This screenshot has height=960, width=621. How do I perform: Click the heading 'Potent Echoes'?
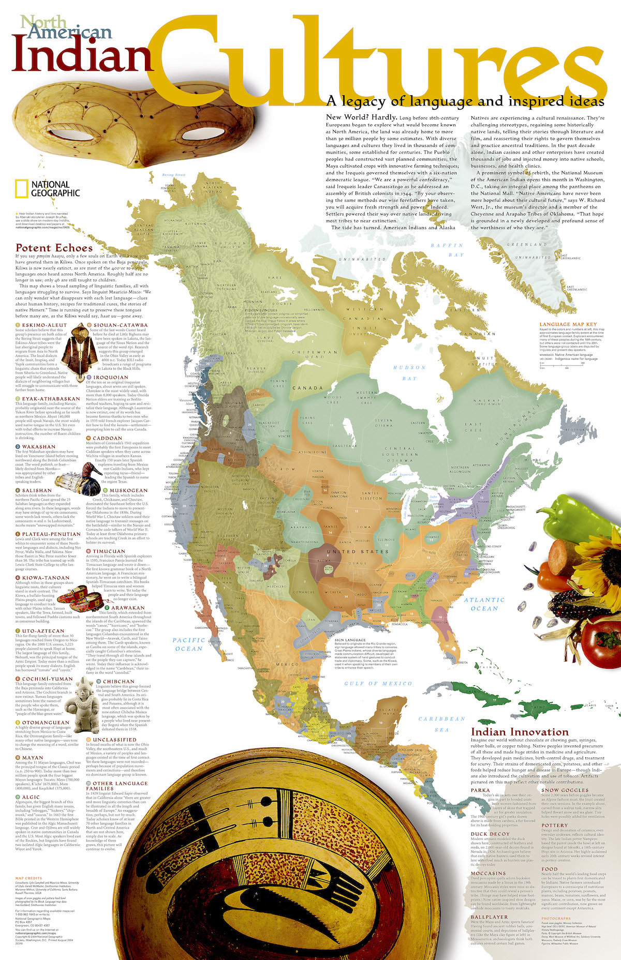click(x=54, y=248)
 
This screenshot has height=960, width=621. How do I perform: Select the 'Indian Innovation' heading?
click(x=520, y=732)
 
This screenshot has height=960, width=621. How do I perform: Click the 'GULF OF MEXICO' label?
click(x=379, y=683)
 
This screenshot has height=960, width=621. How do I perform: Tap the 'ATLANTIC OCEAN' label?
click(x=484, y=604)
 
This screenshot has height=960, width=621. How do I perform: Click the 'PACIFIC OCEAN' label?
click(x=189, y=644)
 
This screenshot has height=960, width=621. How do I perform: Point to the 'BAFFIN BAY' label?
click(x=448, y=250)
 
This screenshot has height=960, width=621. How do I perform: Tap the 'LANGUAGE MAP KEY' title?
click(x=568, y=324)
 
